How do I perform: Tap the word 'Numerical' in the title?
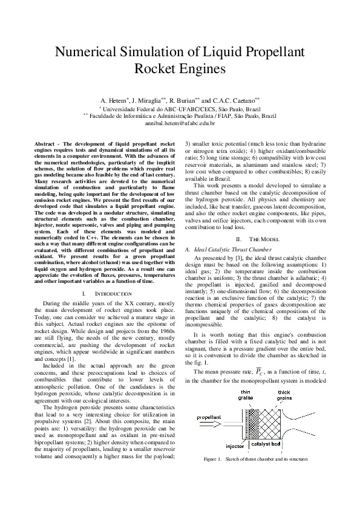(x=88, y=51)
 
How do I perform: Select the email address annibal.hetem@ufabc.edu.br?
(x=180, y=123)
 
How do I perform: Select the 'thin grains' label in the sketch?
(x=247, y=395)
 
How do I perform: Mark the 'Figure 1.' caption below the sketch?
(x=213, y=459)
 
